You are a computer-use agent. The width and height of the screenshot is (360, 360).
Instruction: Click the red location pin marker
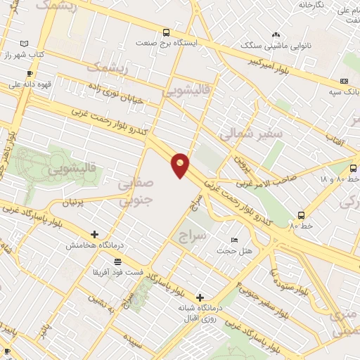pos(181,165)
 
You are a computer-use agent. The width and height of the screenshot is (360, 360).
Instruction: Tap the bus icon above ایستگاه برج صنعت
pos(166,32)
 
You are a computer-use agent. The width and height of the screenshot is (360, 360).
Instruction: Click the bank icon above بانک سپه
pos(344,81)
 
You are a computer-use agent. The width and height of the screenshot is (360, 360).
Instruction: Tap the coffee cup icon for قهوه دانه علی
pos(29,73)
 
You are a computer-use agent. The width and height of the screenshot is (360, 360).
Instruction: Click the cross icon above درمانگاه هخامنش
pos(94,234)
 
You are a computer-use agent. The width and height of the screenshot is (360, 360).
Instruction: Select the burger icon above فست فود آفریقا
pos(116,261)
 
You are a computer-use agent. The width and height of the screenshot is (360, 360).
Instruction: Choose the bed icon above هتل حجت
pos(234,240)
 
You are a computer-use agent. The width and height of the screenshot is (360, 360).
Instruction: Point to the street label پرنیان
pos(78,202)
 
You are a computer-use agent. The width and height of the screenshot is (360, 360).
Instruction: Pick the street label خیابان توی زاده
pos(115,93)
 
